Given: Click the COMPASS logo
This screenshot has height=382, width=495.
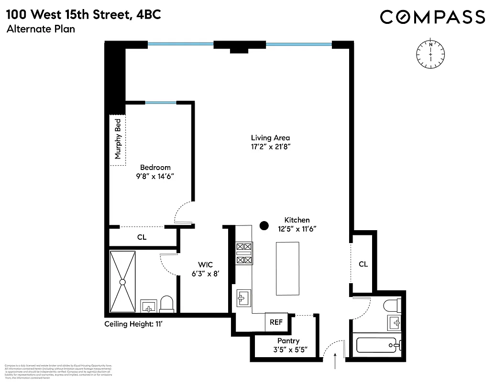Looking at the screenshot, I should tap(432, 17).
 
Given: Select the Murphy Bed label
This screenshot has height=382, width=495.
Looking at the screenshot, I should tap(118, 139).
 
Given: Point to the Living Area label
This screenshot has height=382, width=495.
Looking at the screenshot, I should tap(270, 138).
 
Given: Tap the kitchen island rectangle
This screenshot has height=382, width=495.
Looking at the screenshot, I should tap(287, 269).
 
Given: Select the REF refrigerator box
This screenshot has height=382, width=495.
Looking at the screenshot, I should tap(276, 322).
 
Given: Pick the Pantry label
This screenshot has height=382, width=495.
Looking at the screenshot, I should tap(288, 341).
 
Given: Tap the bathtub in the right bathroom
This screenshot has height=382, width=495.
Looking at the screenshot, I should tap(376, 344).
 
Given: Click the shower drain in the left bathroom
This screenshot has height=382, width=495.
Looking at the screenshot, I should tap(122, 282).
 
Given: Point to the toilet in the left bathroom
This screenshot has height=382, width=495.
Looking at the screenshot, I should tap(166, 304).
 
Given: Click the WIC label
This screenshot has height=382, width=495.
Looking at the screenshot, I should tap(205, 265).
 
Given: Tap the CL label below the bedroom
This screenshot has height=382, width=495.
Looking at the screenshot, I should tap(142, 237).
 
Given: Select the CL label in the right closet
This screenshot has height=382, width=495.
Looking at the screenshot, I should tap(363, 264).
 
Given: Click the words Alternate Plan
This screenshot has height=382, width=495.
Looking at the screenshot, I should tap(41, 29).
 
